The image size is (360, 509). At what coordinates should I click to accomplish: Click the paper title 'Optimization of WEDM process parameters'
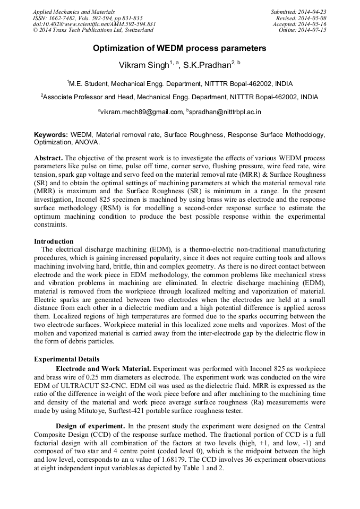tap(179, 48)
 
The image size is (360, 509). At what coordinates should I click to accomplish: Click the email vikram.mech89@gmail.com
tap(141, 113)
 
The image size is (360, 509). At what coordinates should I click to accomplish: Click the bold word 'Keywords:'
tap(52, 135)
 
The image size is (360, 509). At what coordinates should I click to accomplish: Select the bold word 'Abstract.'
tap(48, 159)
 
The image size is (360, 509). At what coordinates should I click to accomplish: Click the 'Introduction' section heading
tap(54, 241)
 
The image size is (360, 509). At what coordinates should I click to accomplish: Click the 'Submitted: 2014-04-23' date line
tap(298, 12)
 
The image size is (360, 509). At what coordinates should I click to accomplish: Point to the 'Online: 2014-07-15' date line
tap(303, 30)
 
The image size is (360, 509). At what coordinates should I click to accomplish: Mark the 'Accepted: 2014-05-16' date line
tap(299, 24)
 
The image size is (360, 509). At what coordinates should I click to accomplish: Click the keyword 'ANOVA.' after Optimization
tap(85, 142)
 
